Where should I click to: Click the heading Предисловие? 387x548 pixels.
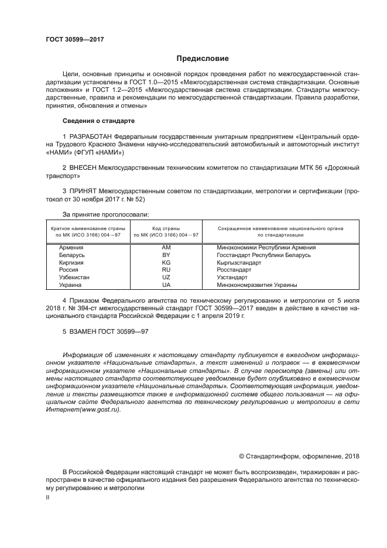tap(203, 59)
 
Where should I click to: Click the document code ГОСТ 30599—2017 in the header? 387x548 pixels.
tap(74, 39)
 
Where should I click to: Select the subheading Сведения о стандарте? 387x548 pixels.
tap(98, 121)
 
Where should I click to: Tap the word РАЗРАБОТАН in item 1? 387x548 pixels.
tap(91, 136)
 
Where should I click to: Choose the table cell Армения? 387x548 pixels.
tap(71, 248)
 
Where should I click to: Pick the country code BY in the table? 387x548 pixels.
tap(166, 255)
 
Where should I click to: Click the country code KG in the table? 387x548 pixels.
tap(166, 263)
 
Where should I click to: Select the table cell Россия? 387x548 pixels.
tap(69, 270)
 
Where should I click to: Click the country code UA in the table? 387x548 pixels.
tap(166, 285)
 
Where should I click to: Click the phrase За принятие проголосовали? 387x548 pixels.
tap(105, 214)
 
